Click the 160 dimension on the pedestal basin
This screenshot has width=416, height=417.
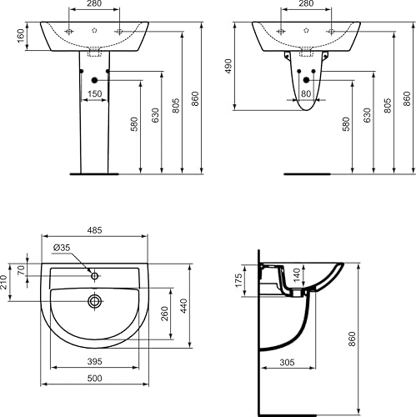[21, 36]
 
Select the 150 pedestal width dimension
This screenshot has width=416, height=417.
[95, 93]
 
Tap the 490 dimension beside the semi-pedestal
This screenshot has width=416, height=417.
[228, 66]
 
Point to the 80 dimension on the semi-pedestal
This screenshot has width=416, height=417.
[306, 93]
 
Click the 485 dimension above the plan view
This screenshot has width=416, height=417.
[95, 230]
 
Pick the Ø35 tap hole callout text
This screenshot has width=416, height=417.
[62, 248]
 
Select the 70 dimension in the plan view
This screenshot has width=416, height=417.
[22, 270]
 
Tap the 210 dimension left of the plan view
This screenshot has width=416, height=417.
[3, 282]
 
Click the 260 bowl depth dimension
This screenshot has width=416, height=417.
[165, 314]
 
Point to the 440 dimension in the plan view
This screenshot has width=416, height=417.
[184, 306]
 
